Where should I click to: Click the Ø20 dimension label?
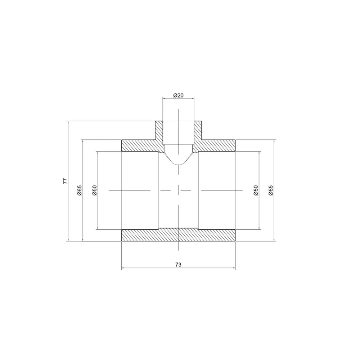[x=179, y=95]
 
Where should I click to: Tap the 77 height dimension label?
[x=65, y=181]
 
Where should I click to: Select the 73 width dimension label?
[x=178, y=265]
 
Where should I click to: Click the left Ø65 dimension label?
[x=80, y=190]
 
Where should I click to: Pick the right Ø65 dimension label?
[x=271, y=190]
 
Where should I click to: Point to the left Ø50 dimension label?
[x=94, y=190]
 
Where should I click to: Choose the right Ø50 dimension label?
[x=256, y=190]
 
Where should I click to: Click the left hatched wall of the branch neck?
[x=159, y=131]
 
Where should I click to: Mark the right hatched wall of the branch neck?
[x=198, y=131]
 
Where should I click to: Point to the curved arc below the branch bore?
[x=179, y=164]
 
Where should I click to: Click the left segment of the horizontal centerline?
[x=130, y=190]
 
